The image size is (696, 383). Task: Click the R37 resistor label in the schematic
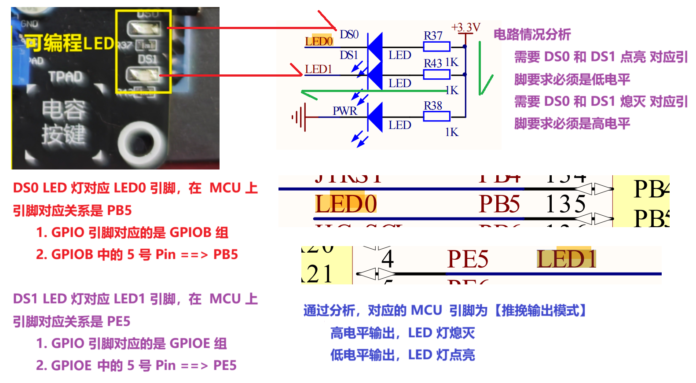pos(433,35)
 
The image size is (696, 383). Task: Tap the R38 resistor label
pos(433,106)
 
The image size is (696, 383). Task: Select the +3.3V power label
pos(466,27)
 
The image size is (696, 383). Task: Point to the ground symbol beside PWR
pos(299,117)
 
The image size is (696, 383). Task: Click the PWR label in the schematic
pos(345,111)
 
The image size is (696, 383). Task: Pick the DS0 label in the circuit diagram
pos(349,34)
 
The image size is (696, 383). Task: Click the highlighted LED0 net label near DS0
pos(319,41)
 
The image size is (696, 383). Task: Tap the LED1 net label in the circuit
pos(319,69)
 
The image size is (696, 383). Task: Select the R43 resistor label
pos(433,63)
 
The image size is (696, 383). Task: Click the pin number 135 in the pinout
pos(565,204)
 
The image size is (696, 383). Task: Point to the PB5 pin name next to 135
pos(499,204)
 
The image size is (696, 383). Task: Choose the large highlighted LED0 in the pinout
pos(346,204)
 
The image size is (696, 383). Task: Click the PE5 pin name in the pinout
pos(468,259)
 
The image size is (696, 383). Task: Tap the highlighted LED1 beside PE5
pos(566,259)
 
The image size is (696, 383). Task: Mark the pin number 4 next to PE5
pos(388,259)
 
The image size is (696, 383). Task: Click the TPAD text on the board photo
pos(66,77)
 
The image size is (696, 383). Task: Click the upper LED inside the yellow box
pos(143,29)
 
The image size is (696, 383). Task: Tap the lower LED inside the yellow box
pos(143,74)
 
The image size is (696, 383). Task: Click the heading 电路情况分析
pos(532,34)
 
